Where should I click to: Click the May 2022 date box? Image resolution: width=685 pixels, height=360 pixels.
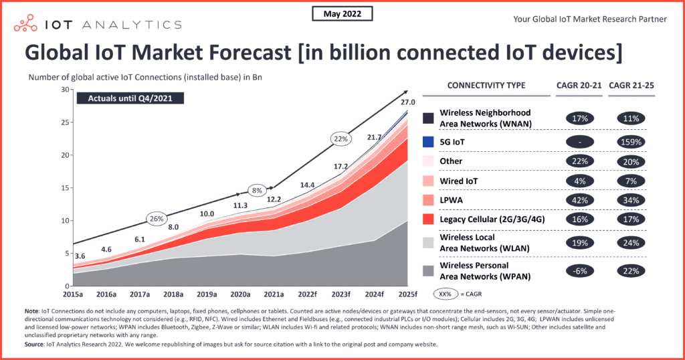342,13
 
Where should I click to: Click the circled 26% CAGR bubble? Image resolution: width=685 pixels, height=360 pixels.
157,219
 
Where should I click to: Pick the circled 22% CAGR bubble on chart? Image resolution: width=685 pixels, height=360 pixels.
340,139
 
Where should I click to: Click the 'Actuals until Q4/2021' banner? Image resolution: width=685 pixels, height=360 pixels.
130,98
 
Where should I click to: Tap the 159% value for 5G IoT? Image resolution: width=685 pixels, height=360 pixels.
631,142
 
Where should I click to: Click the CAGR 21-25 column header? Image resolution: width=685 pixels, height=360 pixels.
631,85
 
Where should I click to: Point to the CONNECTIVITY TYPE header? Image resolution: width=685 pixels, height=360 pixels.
486,85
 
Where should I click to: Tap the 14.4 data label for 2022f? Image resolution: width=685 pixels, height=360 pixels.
307,184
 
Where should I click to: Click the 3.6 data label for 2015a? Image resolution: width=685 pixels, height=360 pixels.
79,255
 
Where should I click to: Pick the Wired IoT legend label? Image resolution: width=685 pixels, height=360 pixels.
458,181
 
